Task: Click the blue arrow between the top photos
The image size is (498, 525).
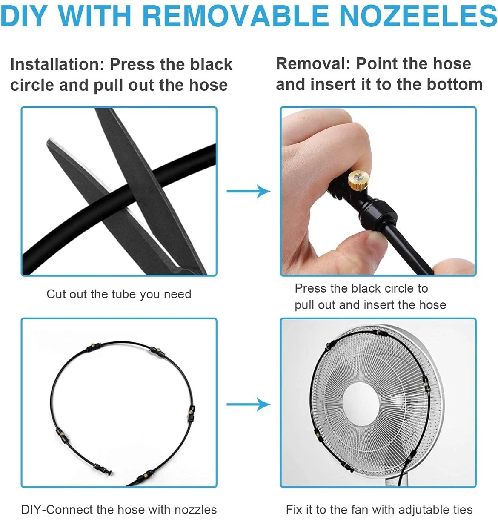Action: pyautogui.click(x=248, y=191)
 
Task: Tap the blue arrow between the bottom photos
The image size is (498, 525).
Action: pyautogui.click(x=248, y=405)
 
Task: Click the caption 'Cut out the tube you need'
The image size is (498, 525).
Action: pyautogui.click(x=119, y=294)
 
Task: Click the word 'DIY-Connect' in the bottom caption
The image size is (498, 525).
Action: pyautogui.click(x=57, y=510)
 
